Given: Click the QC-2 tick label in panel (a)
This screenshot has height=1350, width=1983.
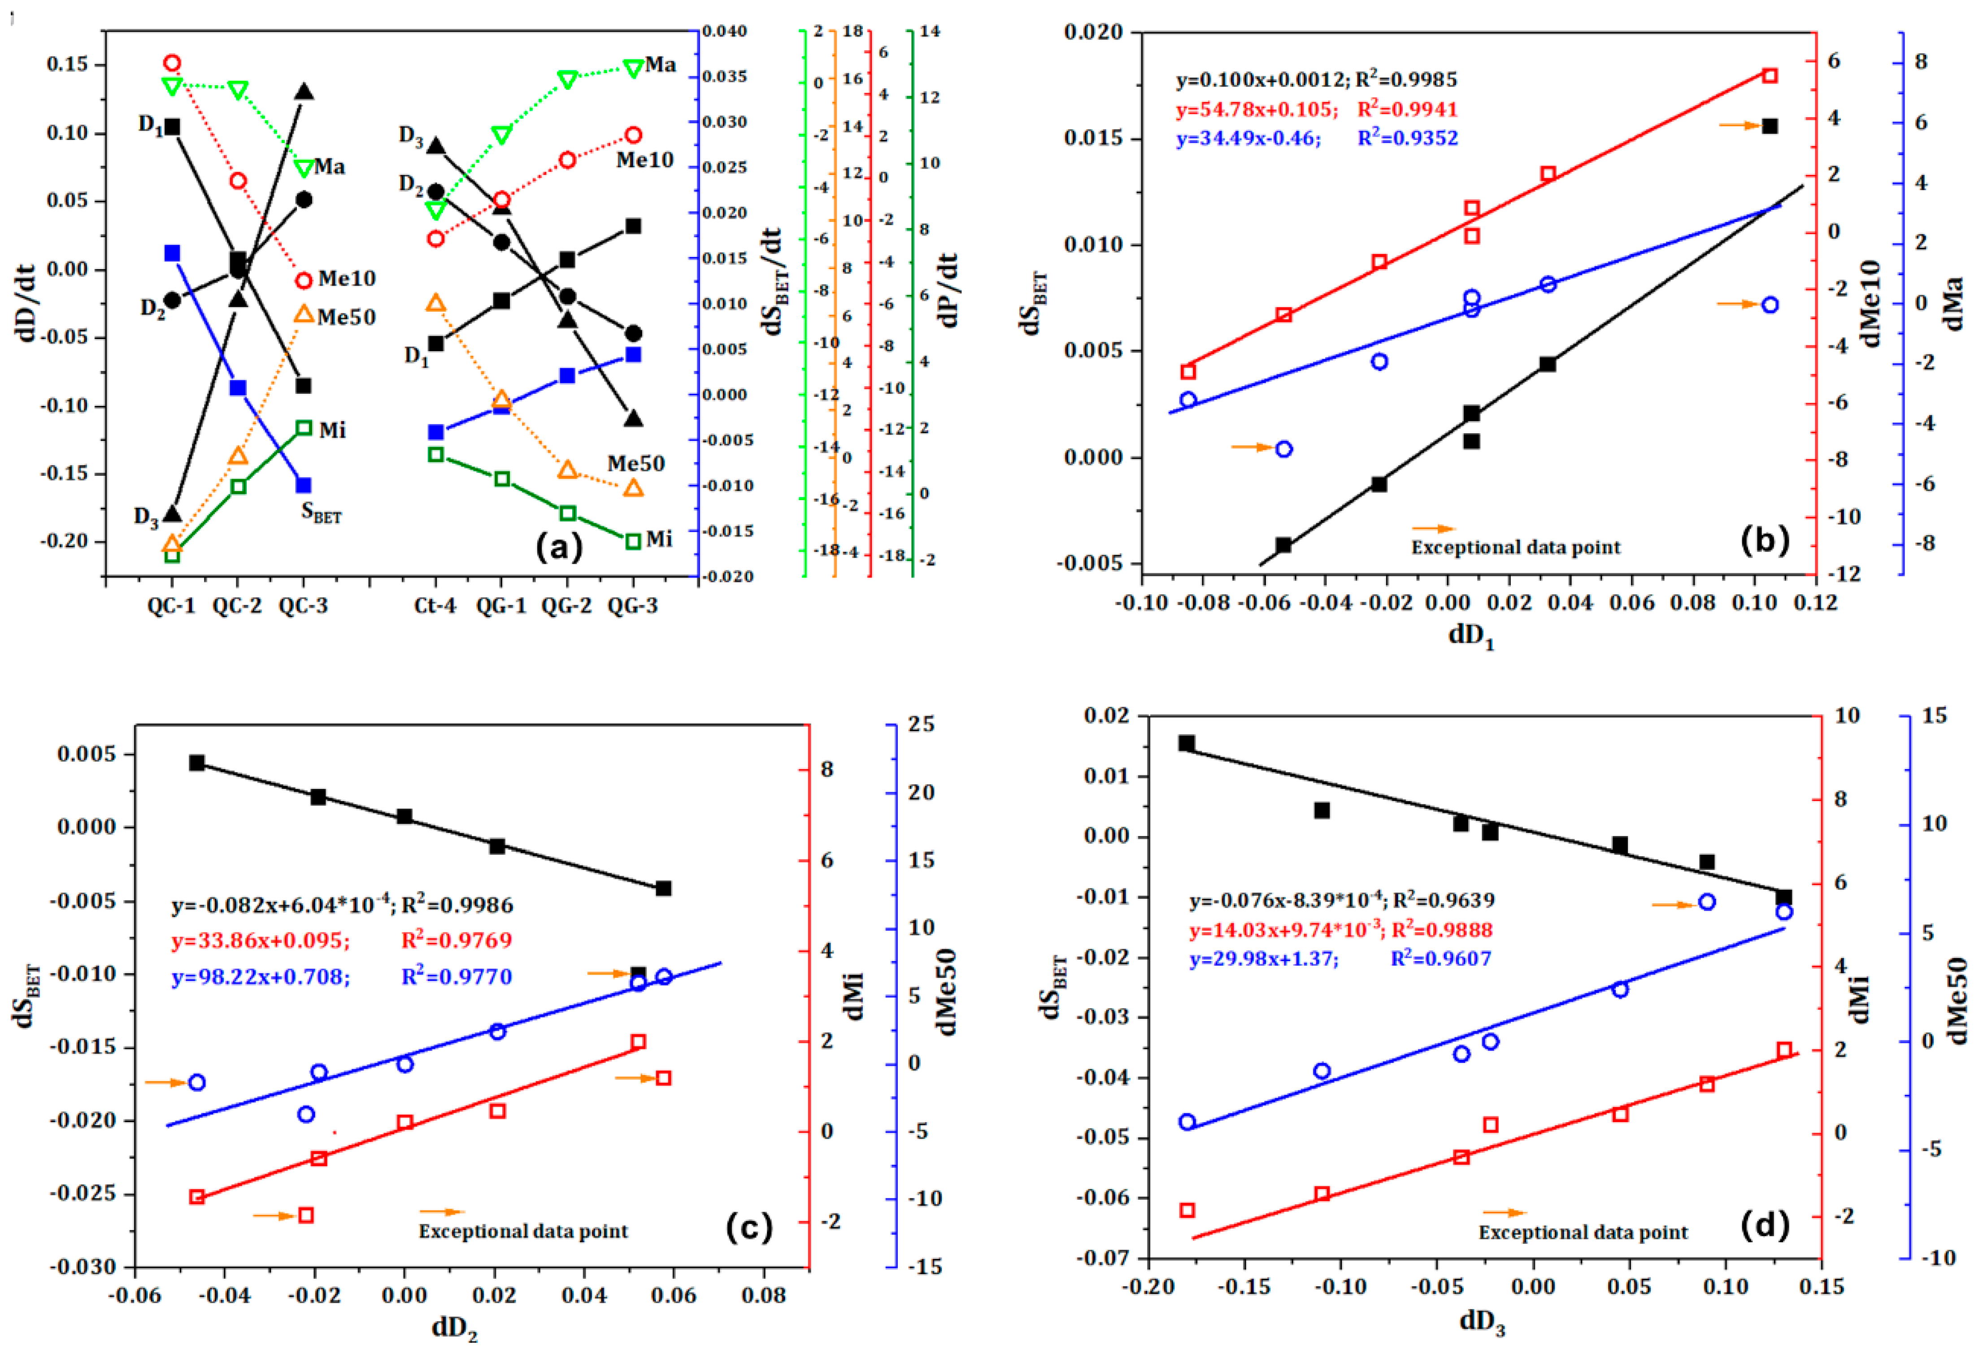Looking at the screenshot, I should [237, 606].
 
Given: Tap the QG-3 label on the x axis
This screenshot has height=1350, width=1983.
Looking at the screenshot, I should [633, 606].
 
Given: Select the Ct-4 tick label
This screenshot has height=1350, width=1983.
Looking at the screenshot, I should [435, 606].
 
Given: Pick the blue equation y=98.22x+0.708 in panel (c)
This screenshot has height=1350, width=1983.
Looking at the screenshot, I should [261, 976].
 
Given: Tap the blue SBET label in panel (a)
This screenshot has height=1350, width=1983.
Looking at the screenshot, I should [322, 513].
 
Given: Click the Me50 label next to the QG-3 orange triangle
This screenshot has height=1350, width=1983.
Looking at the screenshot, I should [636, 463].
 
